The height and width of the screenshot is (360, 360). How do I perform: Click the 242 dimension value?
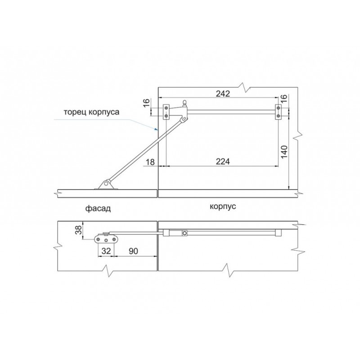point(223,94)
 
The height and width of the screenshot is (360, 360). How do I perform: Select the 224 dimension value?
point(223,162)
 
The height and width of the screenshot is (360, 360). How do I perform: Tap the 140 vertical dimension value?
point(284,152)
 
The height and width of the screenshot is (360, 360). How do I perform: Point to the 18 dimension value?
point(150,162)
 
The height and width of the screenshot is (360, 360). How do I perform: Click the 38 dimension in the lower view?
point(78,230)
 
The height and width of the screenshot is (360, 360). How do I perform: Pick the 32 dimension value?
point(106,251)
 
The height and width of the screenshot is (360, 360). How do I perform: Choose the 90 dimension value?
point(133,251)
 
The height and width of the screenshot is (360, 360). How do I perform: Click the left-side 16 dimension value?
point(147,103)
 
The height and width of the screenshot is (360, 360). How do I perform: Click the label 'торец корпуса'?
point(92,112)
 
